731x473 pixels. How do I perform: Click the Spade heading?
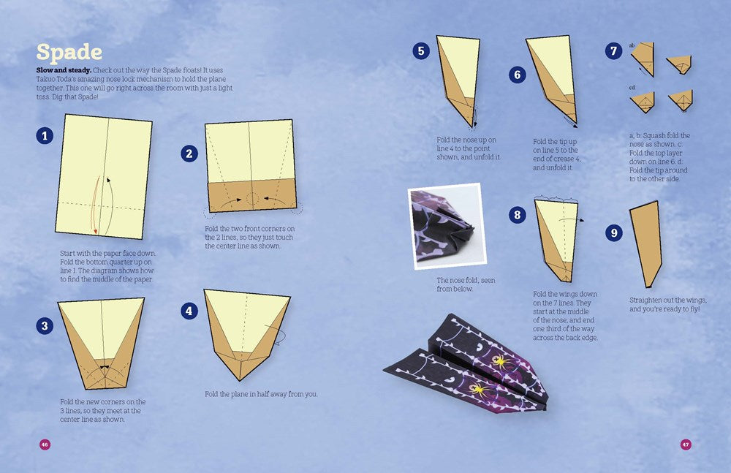pos(69,53)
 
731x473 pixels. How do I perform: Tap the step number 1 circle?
pos(45,135)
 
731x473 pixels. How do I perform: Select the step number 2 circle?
pos(189,153)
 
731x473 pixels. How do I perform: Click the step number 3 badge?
pos(45,326)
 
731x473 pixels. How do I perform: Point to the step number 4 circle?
pos(189,311)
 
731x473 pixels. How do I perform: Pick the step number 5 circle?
pos(420,50)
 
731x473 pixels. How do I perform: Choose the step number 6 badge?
pos(518,75)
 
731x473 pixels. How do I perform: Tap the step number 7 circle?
pos(614,51)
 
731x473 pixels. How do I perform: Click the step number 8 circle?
pos(518,215)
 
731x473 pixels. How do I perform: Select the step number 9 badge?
pos(614,232)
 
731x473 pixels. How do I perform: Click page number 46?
pos(45,444)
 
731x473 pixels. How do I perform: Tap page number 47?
pos(686,444)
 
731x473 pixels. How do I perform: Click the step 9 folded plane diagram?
pos(646,243)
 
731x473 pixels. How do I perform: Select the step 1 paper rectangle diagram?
pos(104,176)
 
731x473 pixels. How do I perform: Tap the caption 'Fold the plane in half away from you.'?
pos(261,395)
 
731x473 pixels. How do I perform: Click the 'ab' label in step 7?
pos(632,45)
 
